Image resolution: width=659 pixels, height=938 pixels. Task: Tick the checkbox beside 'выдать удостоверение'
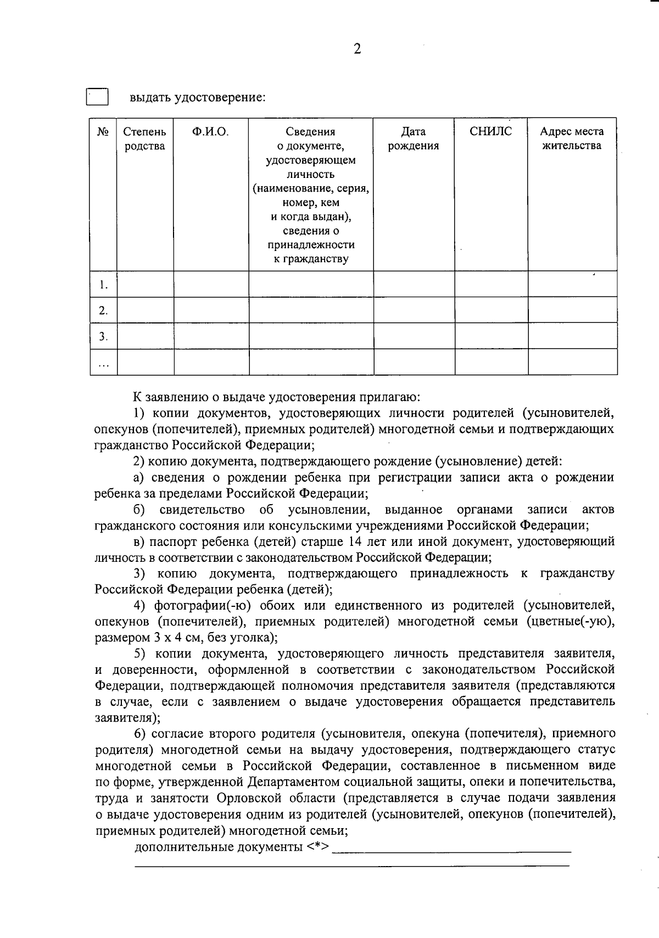[97, 97]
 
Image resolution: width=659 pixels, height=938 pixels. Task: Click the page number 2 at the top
[358, 49]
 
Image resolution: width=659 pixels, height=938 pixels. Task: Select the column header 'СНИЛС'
[491, 131]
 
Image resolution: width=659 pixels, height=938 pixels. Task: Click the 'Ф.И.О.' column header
[211, 131]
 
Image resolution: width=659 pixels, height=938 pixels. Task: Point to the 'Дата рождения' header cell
[414, 138]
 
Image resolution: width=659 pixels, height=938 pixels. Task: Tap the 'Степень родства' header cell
[145, 138]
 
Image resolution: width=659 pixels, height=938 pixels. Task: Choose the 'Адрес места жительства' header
[572, 138]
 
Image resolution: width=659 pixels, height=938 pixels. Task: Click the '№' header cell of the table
[103, 132]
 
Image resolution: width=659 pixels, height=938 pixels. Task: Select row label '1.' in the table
[103, 284]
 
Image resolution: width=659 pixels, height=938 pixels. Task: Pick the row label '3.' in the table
[103, 337]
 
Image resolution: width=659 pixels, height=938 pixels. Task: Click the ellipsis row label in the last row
[103, 363]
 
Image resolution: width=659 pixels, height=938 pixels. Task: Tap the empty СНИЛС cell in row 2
[491, 310]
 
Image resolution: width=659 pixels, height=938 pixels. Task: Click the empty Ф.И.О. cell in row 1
[211, 284]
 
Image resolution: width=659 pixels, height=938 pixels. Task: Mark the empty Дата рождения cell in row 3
[414, 336]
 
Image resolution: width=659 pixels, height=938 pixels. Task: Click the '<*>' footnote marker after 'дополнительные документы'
[318, 846]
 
